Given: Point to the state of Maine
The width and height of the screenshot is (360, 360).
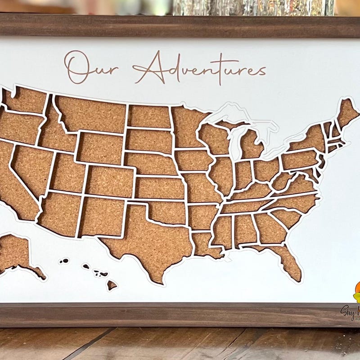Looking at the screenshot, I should coord(348,112).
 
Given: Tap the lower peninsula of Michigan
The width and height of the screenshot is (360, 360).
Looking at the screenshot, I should coord(250,144).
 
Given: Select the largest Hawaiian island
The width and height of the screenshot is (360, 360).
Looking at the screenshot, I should coord(111,285).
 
